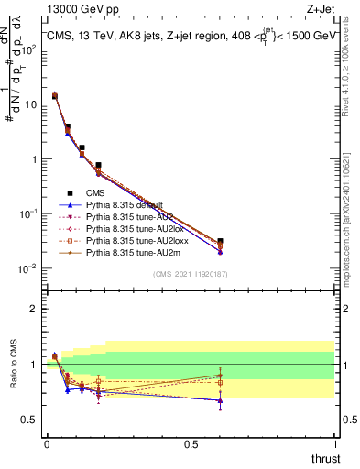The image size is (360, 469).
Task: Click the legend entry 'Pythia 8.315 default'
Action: [125, 205]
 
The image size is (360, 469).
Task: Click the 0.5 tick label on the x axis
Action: [191, 443]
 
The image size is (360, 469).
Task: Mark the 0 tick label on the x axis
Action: [47, 443]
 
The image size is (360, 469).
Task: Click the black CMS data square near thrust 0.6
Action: [220, 241]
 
